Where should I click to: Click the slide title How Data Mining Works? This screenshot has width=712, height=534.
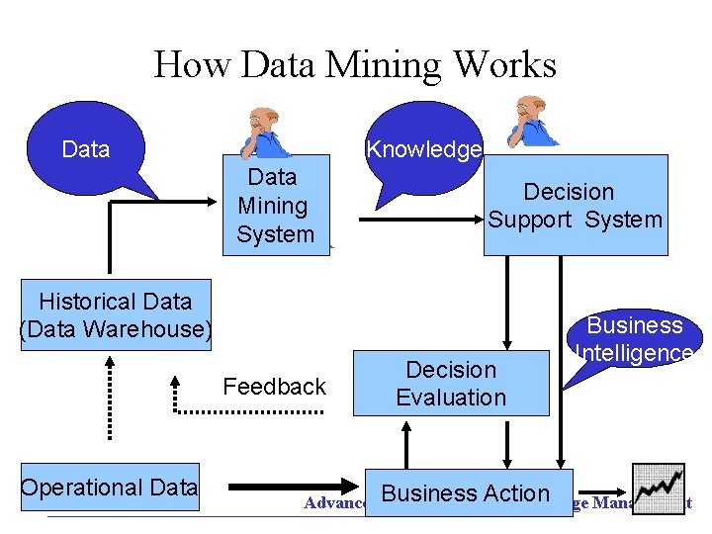355,66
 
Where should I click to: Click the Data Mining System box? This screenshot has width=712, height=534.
275,206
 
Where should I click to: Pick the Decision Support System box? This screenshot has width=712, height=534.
575,206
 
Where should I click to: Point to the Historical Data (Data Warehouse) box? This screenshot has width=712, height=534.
115,314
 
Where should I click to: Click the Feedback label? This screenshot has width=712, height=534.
275,387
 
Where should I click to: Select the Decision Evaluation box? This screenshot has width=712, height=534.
451,383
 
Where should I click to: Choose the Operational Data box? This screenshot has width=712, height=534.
110,487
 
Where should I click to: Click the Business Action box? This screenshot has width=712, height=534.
466,492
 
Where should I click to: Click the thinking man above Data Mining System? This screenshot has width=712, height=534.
265,131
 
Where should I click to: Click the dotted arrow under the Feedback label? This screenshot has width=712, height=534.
247,408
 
